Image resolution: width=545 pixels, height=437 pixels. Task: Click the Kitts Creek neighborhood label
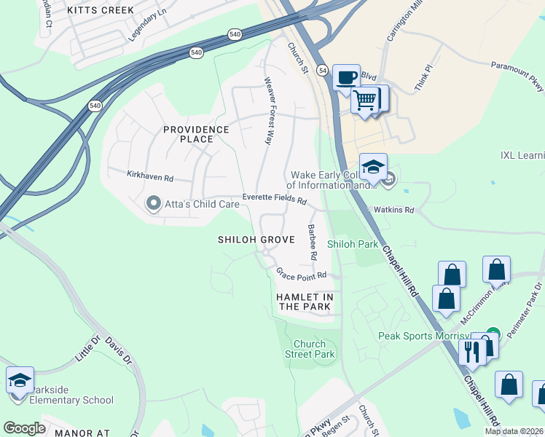(101, 10)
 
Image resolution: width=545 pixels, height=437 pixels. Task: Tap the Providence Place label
(196, 134)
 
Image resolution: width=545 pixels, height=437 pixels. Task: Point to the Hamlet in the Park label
(305, 302)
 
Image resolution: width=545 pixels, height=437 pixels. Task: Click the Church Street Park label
(314, 349)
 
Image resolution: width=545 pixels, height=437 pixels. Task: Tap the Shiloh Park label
(353, 244)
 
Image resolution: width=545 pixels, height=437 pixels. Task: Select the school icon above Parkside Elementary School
(20, 380)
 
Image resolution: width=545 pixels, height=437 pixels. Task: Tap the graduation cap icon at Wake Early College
(372, 167)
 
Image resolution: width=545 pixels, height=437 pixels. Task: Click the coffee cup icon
(346, 76)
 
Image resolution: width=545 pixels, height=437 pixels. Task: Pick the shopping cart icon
(365, 99)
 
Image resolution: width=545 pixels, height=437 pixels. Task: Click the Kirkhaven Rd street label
(150, 177)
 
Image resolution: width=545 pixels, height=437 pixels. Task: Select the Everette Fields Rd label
(275, 199)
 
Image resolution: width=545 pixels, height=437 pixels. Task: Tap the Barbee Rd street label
(312, 243)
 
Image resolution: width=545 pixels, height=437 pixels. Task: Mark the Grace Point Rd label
(300, 275)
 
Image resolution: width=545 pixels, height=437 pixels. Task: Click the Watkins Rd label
(393, 210)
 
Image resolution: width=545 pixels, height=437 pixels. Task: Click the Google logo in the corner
(24, 428)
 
